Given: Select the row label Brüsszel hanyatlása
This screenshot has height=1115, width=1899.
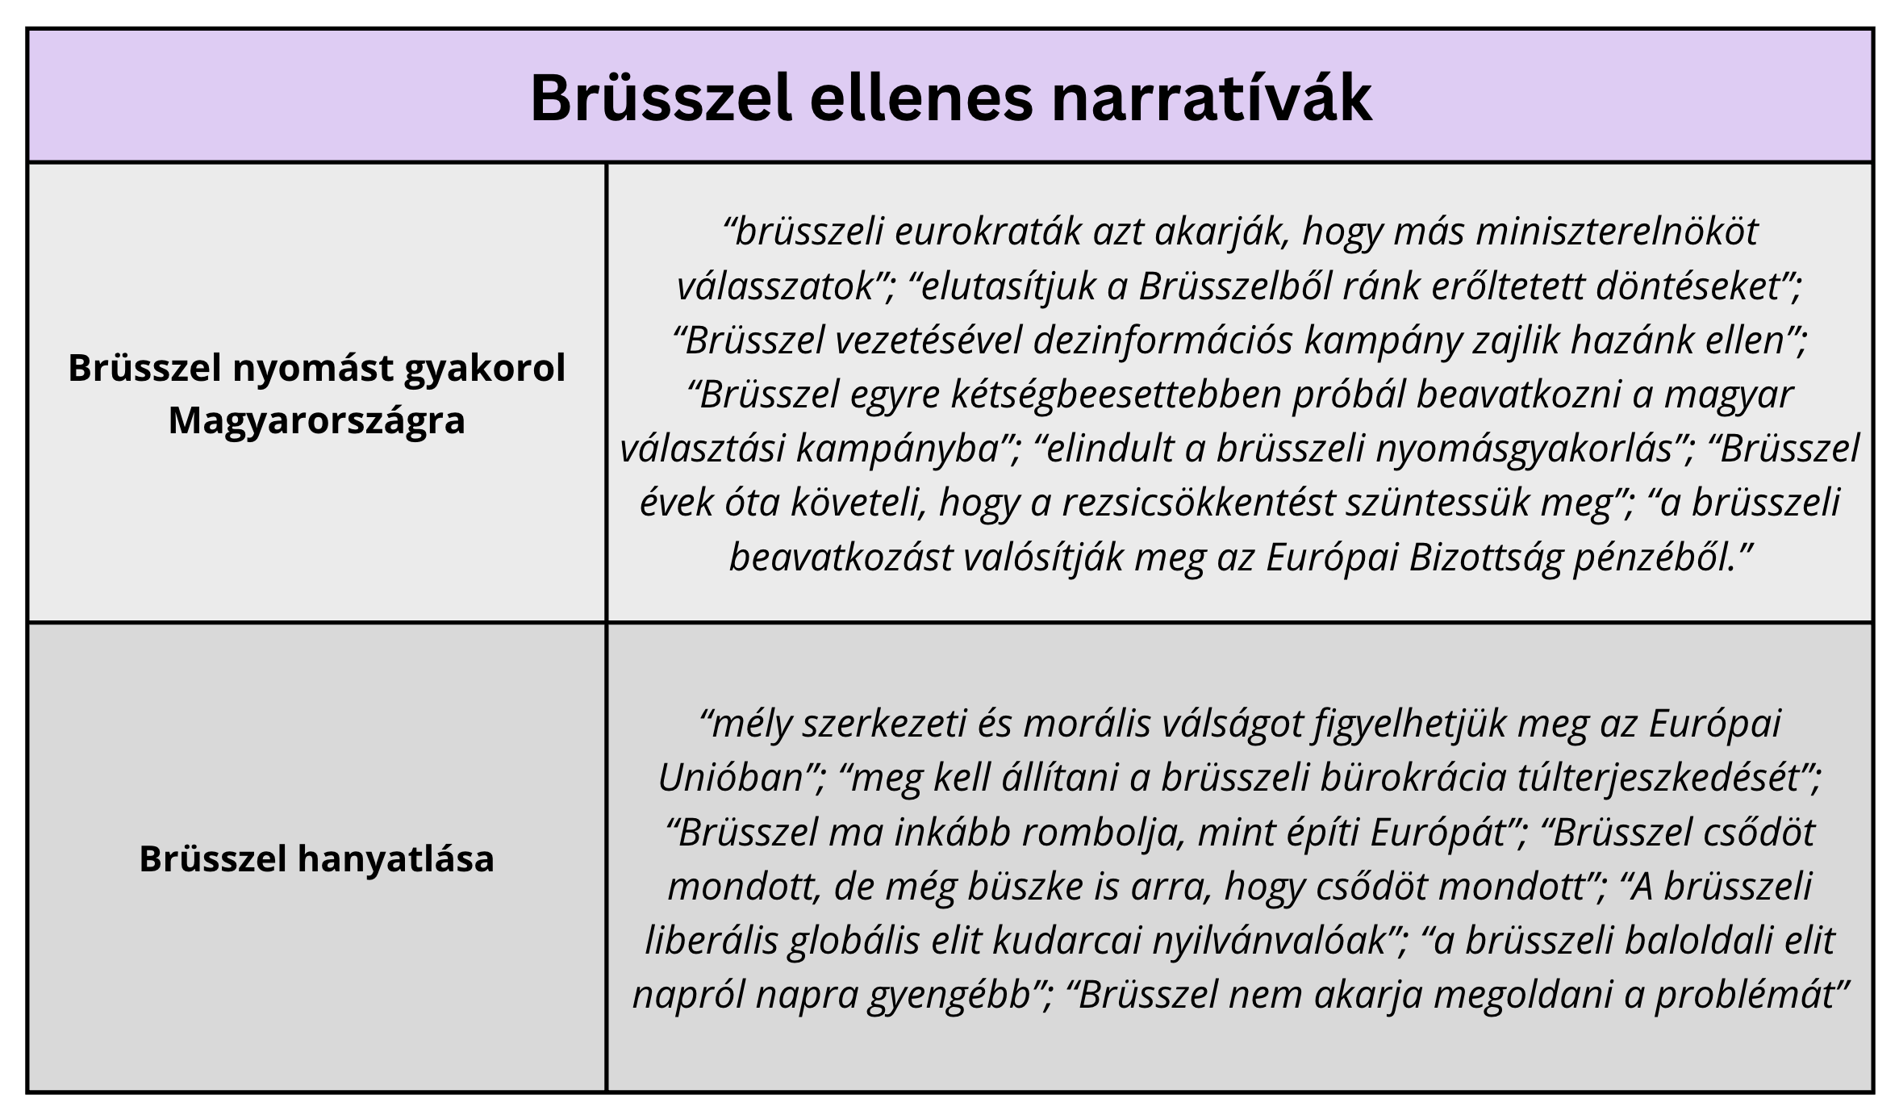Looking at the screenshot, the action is click(316, 858).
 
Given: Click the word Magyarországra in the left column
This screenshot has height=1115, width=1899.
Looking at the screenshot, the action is click(316, 420).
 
